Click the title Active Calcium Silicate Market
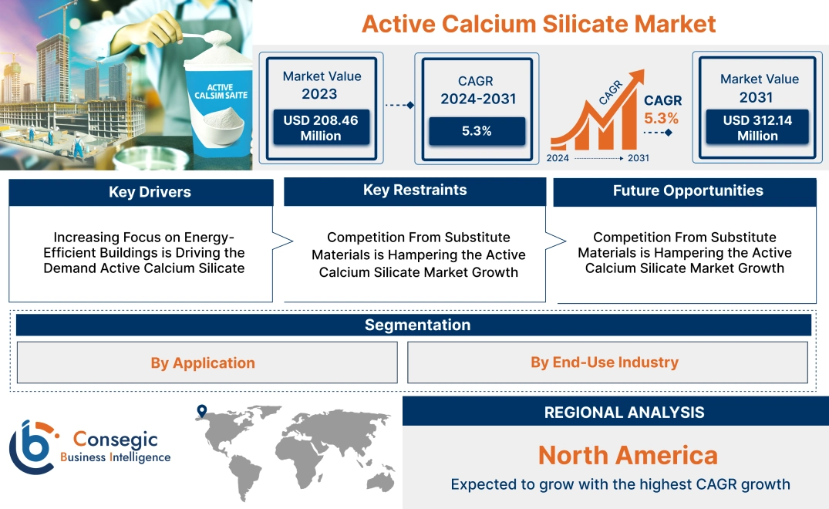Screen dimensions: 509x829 [x=538, y=23]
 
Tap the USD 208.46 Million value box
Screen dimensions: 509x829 [x=320, y=128]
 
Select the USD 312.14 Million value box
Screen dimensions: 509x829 [x=757, y=128]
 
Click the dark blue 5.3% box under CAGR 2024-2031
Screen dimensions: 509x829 [x=477, y=131]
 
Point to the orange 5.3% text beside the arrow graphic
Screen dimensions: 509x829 [x=661, y=118]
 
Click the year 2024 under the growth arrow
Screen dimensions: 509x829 [x=558, y=158]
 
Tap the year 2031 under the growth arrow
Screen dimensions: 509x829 [x=638, y=158]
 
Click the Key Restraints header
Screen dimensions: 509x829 [x=415, y=190]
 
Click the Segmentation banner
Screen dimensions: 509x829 [x=417, y=325]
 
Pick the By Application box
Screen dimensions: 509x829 [x=203, y=362]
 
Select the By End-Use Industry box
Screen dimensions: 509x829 [x=605, y=362]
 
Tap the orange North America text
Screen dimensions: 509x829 [x=627, y=455]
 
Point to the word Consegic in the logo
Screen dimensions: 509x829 [x=115, y=439]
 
